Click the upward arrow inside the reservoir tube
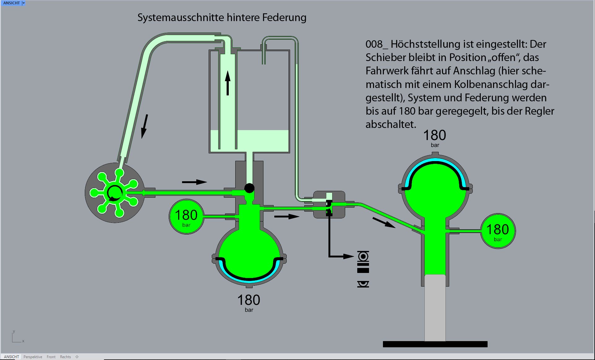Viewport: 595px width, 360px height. [x=228, y=83]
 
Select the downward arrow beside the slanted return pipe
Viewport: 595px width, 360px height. [x=144, y=126]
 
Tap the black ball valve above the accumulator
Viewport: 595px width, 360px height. [x=249, y=188]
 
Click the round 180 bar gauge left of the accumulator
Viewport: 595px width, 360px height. [x=186, y=217]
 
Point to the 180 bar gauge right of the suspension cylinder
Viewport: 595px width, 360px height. [x=497, y=231]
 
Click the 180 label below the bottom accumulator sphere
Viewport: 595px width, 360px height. [x=249, y=300]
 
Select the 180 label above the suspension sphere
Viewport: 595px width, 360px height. [x=434, y=135]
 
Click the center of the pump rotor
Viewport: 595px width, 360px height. [x=115, y=193]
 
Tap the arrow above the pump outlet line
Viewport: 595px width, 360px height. [x=194, y=182]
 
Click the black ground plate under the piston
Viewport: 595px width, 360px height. [x=435, y=344]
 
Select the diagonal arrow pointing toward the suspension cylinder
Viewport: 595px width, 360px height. [x=384, y=222]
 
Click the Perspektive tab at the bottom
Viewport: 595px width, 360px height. [x=33, y=357]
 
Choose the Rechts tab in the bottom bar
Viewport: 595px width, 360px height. [x=65, y=357]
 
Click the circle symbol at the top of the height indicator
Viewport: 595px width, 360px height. [x=363, y=256]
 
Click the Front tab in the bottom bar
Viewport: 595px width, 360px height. [x=51, y=357]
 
